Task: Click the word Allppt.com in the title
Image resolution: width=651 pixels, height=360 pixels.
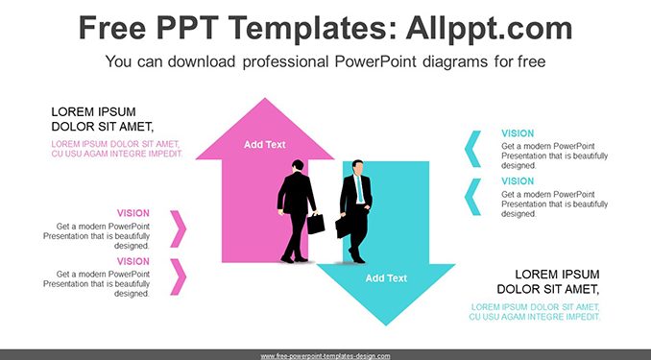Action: coord(489,29)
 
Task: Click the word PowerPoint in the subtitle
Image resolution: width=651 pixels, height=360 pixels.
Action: coord(375,61)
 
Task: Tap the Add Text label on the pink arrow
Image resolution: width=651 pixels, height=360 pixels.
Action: coord(264,145)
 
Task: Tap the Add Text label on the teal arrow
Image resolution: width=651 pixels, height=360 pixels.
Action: coord(386,278)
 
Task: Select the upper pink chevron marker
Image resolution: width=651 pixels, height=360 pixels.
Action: coord(179,228)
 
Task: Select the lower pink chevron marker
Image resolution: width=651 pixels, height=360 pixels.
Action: coord(179,276)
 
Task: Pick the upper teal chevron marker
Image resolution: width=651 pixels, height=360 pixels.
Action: coord(472,149)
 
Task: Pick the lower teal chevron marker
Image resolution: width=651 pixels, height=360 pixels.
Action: coord(472,197)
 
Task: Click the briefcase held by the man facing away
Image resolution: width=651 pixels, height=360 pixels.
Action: coord(316,224)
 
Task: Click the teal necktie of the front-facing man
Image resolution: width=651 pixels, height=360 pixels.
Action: coord(359,189)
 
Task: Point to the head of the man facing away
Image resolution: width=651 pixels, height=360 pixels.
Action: coord(298,165)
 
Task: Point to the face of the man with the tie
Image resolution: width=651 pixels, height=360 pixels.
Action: coord(357,168)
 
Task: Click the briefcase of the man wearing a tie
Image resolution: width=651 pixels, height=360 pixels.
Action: coord(343,228)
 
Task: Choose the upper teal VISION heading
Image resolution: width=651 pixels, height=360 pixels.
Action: coord(518,133)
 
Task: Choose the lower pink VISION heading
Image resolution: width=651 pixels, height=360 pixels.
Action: coord(133,261)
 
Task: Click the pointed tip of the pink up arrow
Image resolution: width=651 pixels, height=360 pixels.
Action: coord(265,99)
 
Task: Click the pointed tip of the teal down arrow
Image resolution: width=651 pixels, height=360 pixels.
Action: coord(386,325)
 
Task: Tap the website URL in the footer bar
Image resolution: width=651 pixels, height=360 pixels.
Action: coord(325,356)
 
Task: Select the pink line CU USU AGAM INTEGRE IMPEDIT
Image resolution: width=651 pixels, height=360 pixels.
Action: coord(117,154)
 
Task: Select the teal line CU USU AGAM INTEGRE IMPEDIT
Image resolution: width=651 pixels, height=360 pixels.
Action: coord(535,317)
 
